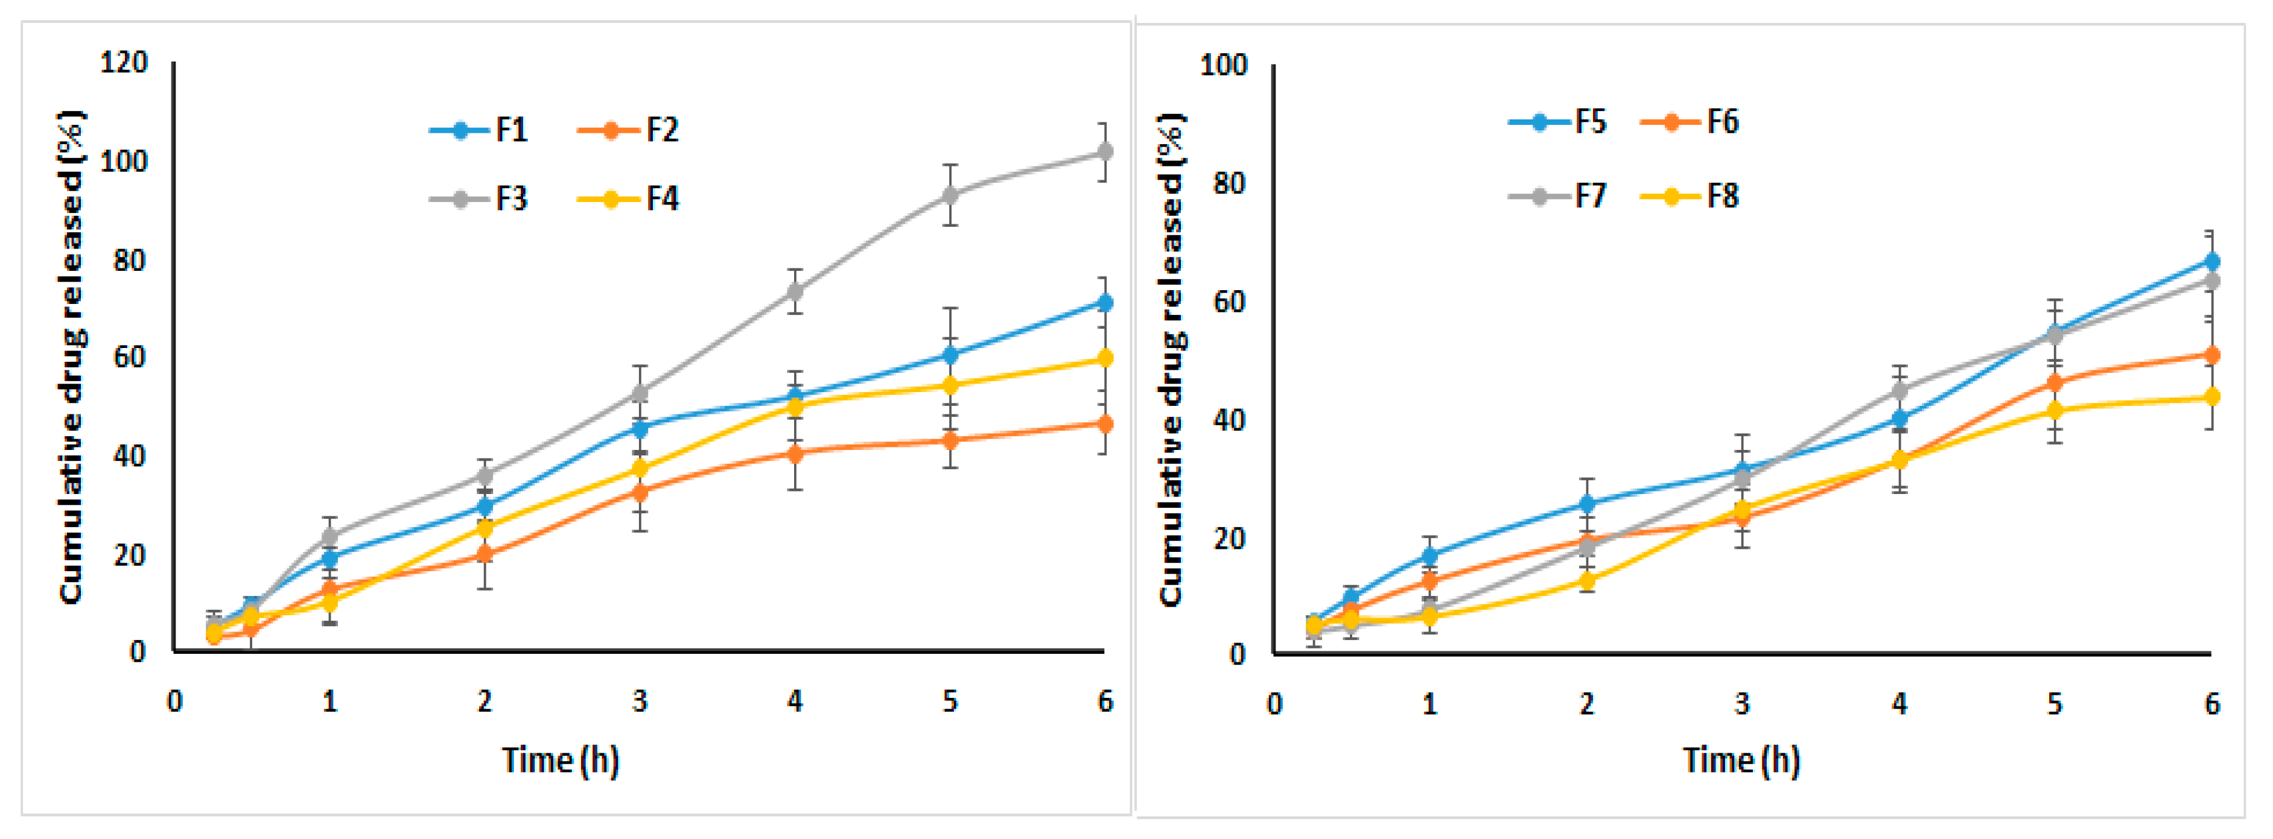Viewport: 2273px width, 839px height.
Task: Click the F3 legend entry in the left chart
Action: (x=481, y=198)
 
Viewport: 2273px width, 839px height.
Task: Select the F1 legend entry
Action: (x=481, y=130)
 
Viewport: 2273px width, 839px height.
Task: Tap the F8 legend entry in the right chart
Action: (x=1690, y=196)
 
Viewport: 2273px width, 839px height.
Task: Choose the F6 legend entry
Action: (x=1690, y=121)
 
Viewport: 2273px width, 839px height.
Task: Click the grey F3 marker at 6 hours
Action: (x=1104, y=152)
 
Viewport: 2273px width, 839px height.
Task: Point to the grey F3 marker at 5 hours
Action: (x=949, y=195)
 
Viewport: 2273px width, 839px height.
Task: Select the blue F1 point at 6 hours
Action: (x=1104, y=303)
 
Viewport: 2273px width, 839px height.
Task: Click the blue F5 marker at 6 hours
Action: (x=2211, y=261)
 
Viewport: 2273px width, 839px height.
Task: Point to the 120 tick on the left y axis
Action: (x=124, y=63)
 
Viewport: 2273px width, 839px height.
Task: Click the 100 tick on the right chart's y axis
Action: (x=1223, y=65)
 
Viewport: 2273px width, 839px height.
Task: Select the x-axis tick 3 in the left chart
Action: (x=640, y=701)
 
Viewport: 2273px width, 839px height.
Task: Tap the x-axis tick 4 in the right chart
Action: (x=1899, y=704)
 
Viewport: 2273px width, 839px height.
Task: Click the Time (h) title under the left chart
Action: (x=561, y=759)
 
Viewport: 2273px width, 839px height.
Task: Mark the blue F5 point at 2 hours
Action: (x=1586, y=504)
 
